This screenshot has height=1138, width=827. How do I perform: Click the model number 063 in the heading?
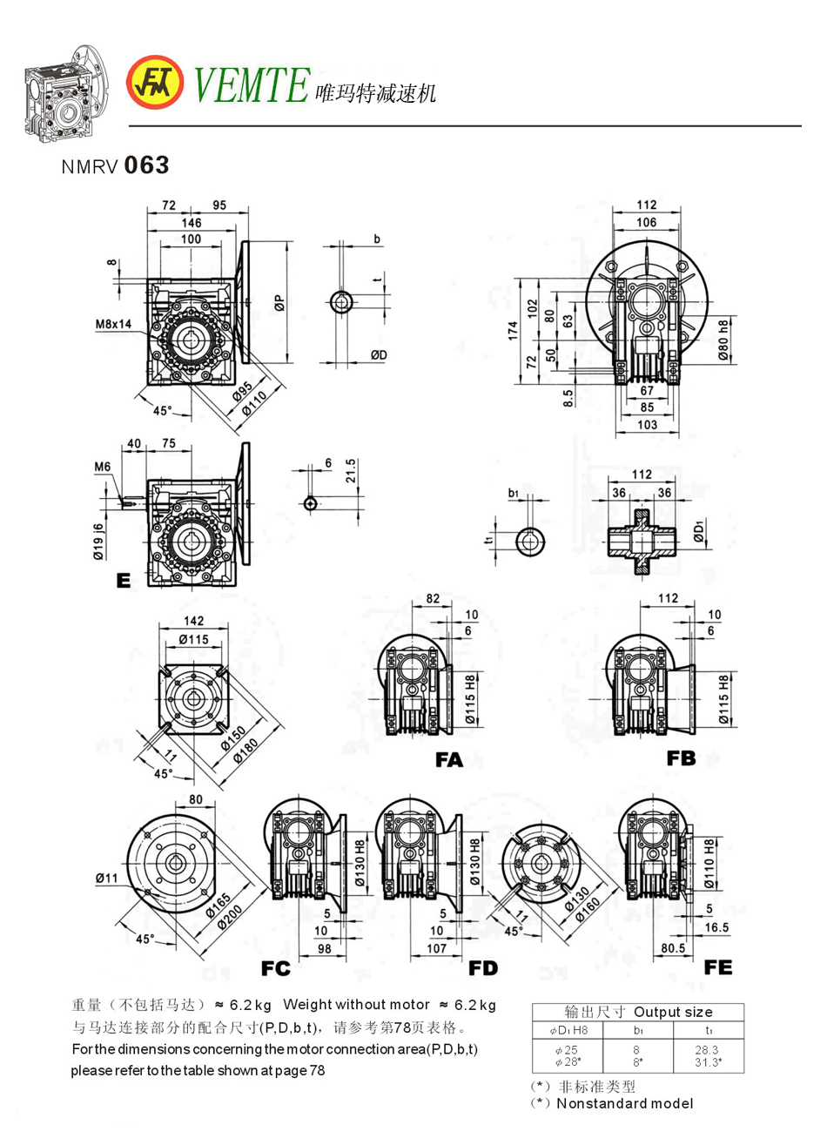point(146,165)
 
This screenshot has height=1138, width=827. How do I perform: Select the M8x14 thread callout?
point(114,324)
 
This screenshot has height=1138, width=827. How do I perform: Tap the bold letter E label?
point(124,580)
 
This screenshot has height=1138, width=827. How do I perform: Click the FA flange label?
point(449,760)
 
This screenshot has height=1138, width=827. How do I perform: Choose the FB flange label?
point(681,758)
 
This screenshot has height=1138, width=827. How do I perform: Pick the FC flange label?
point(275,968)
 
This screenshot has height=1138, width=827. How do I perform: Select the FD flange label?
point(483,968)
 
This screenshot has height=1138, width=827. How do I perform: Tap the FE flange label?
point(718,967)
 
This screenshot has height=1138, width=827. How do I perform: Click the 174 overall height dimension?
point(514,330)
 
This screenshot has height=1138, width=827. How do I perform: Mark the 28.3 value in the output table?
point(708,1050)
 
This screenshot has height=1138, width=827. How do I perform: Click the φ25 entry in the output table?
point(567,1050)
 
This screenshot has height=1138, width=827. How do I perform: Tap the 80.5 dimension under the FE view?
point(673,947)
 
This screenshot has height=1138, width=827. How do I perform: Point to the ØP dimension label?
point(279,303)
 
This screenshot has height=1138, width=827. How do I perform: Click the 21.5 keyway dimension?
point(350,471)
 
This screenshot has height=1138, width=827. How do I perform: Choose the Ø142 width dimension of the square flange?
point(193,621)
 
